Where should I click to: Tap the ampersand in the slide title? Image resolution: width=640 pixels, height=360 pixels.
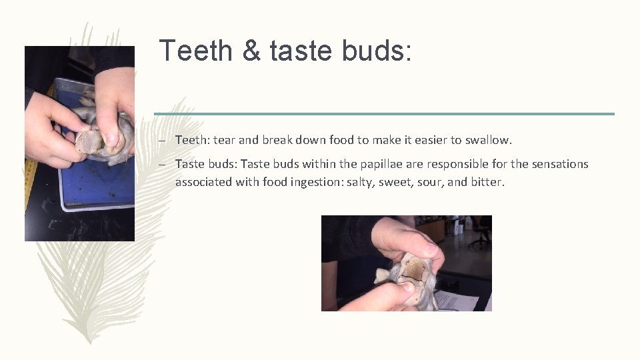(252, 51)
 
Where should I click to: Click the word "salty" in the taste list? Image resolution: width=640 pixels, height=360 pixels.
(360, 182)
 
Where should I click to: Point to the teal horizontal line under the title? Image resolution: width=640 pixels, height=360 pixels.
(384, 114)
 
